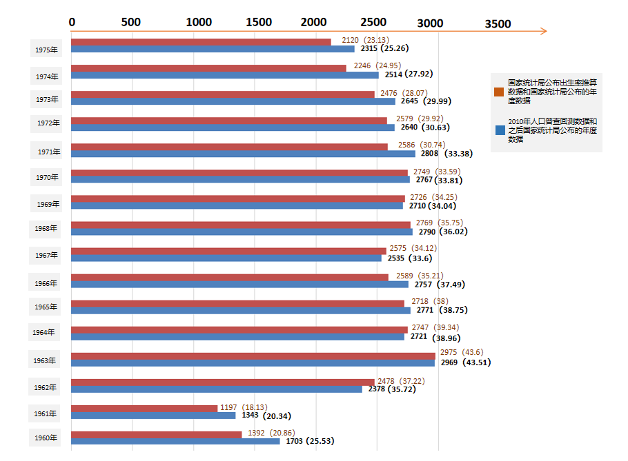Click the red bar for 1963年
pos(253,356)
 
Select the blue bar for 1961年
pos(153,415)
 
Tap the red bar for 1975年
pos(201,42)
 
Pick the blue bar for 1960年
pos(175,441)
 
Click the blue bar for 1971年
pos(243,154)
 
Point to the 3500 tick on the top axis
pos(498,24)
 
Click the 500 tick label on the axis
pos(131,22)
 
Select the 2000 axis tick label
pos(314,22)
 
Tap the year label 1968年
pos(46,228)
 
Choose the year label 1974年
pos(47,76)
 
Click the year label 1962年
pos(46,387)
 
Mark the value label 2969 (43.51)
pos(465,362)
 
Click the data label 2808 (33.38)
pos(446,154)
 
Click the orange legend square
pos(499,92)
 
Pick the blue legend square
pos(499,130)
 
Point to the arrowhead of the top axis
pos(544,31)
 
